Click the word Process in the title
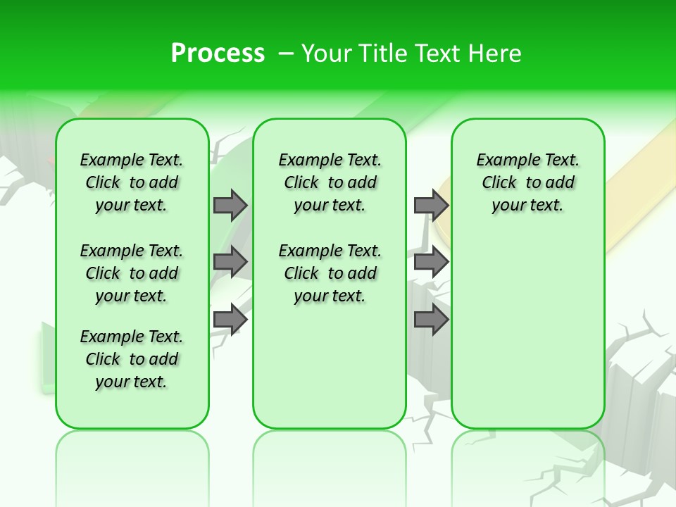point(218,53)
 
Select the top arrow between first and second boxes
point(230,205)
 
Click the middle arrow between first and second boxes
point(230,262)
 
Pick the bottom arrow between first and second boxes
point(230,320)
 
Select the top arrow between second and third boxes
point(431,205)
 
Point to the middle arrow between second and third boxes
point(431,262)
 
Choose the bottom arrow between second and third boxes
point(431,320)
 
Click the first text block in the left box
point(132,182)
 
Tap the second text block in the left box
point(132,273)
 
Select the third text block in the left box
point(132,359)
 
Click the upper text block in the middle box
point(330,182)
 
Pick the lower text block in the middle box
point(330,273)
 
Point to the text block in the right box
point(527,182)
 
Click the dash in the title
point(286,54)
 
